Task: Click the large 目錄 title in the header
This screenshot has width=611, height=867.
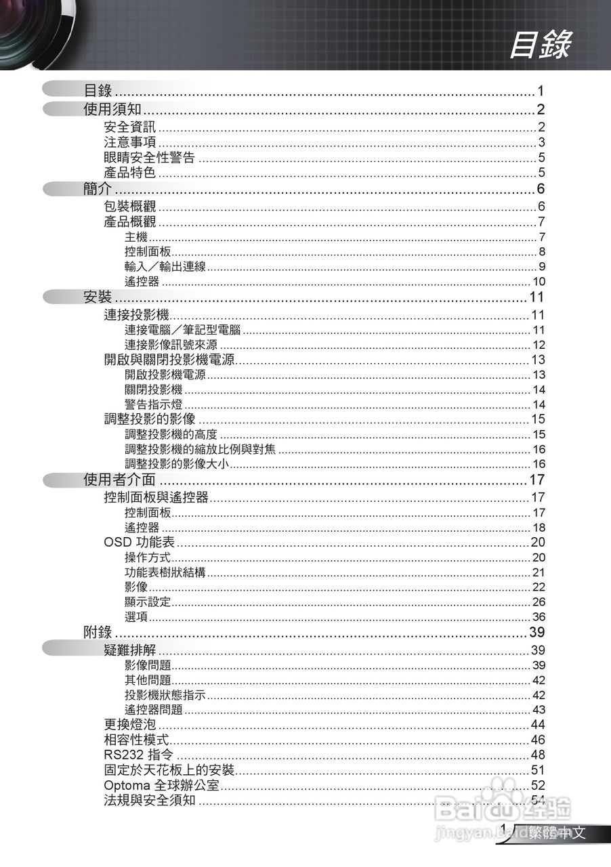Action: point(540,45)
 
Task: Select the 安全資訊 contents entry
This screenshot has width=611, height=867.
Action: point(129,127)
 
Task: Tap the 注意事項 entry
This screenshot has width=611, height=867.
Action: point(129,142)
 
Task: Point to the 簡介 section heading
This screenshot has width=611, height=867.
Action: point(98,189)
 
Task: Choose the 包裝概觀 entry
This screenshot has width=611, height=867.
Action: point(129,207)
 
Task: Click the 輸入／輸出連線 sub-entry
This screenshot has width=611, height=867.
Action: point(165,266)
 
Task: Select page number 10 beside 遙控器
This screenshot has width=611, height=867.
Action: point(539,282)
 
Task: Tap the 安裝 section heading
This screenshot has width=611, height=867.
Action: point(98,297)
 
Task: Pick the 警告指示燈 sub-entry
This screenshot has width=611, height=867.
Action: point(154,404)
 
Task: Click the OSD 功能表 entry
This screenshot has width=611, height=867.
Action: point(140,542)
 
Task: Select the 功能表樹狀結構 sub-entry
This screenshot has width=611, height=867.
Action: point(165,572)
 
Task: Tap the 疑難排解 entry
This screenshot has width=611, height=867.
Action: point(129,651)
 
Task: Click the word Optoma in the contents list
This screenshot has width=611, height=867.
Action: point(127,786)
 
